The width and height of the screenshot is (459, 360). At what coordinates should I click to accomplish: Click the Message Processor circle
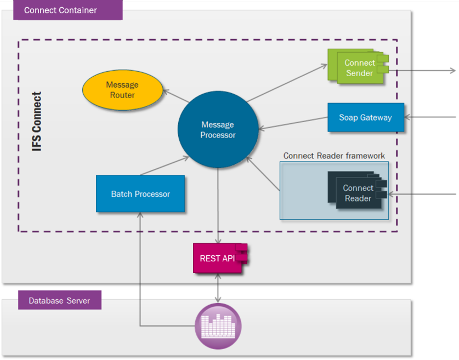218,130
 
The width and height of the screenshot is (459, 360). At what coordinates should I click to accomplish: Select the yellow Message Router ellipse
122,90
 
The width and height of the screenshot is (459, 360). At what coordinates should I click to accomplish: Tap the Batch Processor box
140,193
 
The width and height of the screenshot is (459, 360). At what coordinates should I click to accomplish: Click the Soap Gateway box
366,117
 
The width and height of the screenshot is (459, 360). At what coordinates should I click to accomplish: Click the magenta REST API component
218,258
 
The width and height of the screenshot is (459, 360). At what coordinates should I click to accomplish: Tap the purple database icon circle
218,327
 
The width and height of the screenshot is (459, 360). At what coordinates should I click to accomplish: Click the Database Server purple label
59,300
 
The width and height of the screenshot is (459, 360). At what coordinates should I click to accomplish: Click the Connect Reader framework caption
334,156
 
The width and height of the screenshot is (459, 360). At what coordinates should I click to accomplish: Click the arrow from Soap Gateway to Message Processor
293,123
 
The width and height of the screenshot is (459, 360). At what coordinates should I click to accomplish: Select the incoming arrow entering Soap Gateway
430,117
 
